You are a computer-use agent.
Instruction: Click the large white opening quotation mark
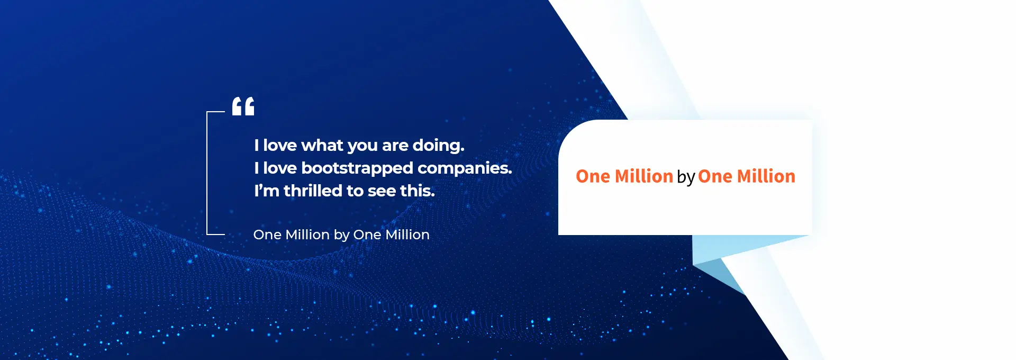tap(243, 106)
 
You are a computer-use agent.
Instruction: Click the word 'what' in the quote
tap(322, 145)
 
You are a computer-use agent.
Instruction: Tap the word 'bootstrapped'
tap(357, 168)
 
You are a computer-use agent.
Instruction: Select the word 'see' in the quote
tap(382, 192)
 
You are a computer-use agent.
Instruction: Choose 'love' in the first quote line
tap(280, 145)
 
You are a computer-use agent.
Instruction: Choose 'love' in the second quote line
tap(280, 168)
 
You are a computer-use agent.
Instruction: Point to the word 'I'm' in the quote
tap(267, 191)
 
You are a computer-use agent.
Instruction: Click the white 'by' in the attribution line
tap(341, 235)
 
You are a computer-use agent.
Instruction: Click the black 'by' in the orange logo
tap(686, 177)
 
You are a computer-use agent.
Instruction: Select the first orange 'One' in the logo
tap(593, 176)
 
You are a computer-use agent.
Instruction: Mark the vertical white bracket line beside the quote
tap(207, 173)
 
